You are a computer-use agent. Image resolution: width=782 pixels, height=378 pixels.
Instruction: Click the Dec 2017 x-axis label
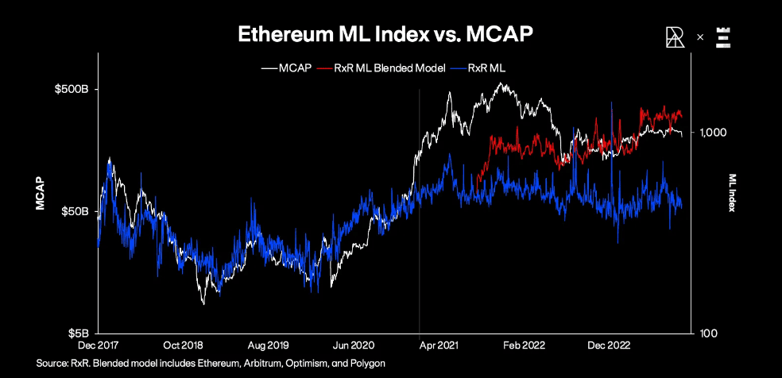coord(98,345)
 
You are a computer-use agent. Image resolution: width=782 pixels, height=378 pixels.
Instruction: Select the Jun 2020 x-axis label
coord(353,345)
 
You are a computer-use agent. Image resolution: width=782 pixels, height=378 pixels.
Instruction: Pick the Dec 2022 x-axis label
coord(607,345)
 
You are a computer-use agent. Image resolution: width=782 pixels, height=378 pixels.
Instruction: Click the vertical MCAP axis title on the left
coord(39,193)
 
